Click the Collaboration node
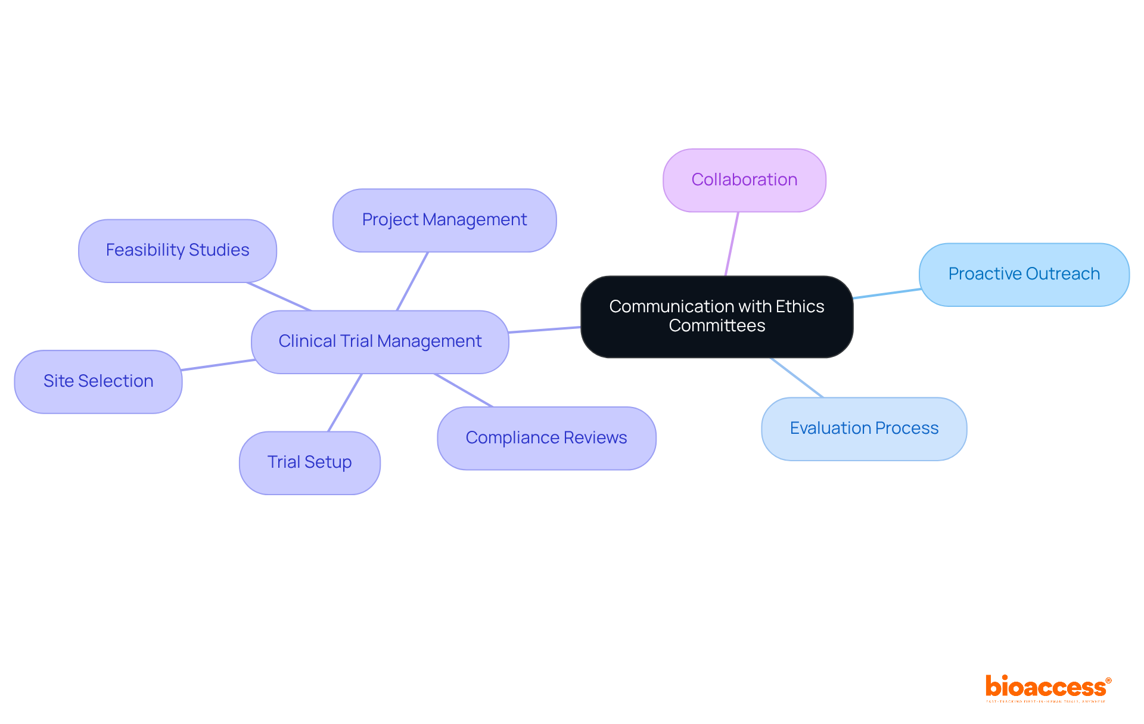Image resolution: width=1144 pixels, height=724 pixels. click(744, 180)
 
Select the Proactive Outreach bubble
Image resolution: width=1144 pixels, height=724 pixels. click(1024, 274)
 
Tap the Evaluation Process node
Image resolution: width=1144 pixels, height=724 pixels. click(863, 428)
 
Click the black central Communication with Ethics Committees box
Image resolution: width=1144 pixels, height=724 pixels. click(716, 316)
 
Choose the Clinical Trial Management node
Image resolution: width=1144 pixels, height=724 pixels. click(380, 341)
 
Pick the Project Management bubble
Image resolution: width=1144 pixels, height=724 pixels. click(444, 220)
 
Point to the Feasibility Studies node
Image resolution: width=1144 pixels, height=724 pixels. click(177, 250)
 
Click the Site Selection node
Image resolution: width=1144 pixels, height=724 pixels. click(98, 381)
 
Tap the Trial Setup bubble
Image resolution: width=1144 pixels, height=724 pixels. click(309, 462)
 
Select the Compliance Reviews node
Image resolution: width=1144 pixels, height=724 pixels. click(546, 438)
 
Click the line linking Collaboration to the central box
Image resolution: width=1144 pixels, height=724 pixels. click(732, 244)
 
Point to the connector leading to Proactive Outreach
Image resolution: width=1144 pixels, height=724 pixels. click(887, 293)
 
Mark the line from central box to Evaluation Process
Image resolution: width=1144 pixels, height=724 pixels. click(797, 377)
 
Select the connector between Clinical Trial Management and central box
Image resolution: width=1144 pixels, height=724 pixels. click(544, 330)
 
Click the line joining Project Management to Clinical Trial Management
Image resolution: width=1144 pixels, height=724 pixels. click(412, 281)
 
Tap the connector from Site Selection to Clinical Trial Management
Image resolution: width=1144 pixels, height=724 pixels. click(217, 365)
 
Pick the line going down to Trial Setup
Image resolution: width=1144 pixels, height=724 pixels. click(345, 402)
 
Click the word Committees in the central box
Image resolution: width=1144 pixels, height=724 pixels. click(716, 326)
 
